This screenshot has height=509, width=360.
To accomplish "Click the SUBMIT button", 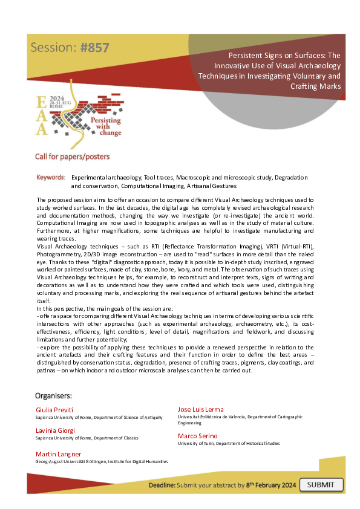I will pos(321,485).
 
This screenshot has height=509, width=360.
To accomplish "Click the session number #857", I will pos(94,48).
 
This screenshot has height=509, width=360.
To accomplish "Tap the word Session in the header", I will pos(53,48).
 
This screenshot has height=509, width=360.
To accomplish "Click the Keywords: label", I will pos(51,178).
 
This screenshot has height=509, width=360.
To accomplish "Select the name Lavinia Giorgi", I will pos(56,430).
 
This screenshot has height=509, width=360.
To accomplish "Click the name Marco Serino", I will pos(198,435).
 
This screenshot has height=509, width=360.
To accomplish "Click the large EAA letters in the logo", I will pos(41,115).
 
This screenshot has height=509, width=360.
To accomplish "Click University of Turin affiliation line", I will pos(229,444).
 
